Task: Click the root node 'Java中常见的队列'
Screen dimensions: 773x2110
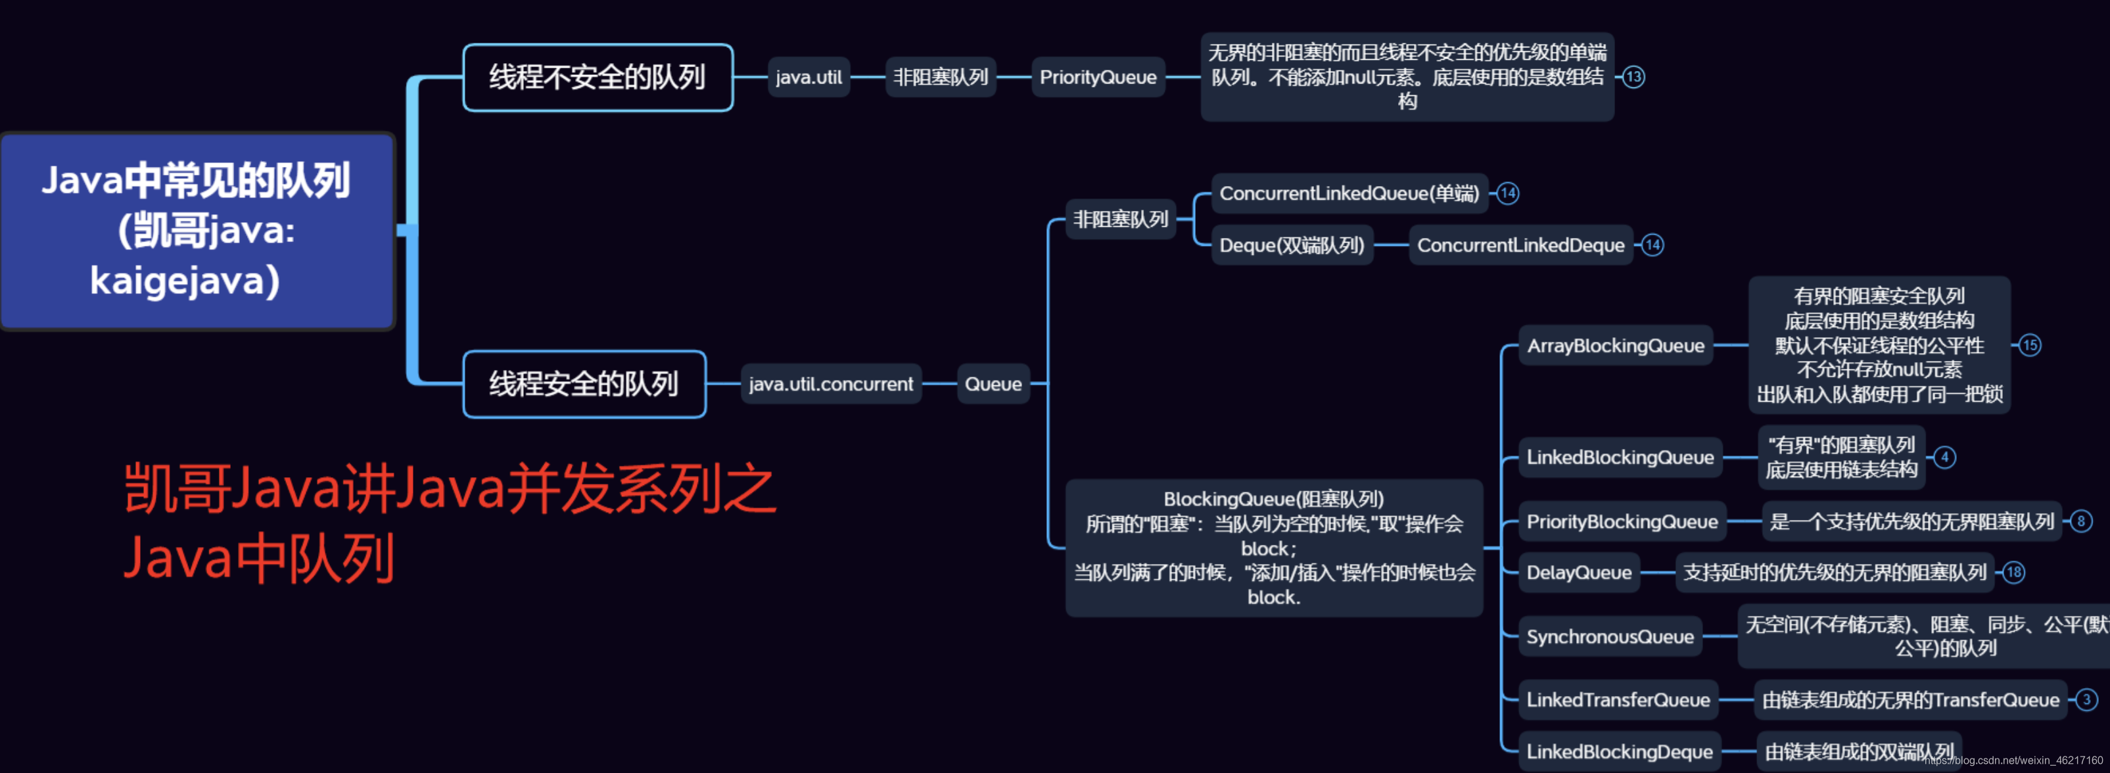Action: [197, 231]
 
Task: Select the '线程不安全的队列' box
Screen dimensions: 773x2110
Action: [597, 78]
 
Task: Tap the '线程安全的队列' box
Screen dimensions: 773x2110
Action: [584, 384]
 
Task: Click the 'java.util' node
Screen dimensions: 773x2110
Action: [809, 78]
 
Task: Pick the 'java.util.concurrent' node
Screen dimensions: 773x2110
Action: [831, 384]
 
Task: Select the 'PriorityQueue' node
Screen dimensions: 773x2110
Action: [1098, 78]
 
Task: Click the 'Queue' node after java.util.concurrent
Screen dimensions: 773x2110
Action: [993, 384]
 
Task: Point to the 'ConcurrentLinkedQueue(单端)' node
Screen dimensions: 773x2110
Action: [1349, 194]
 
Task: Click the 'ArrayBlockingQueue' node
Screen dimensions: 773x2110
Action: [1615, 346]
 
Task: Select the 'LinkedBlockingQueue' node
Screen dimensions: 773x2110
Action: [1620, 457]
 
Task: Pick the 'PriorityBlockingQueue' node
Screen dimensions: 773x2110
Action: [1622, 522]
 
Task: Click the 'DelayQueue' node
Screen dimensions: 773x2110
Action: [1578, 573]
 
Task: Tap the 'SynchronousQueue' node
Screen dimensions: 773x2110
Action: [1610, 637]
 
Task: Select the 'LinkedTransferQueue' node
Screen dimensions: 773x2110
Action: [1618, 700]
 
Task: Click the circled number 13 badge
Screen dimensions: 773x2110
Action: [1633, 78]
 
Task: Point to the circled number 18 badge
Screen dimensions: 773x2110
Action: [2014, 573]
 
